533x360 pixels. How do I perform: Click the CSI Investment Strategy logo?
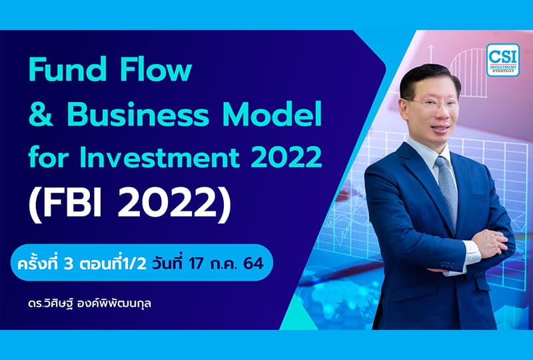[502, 60]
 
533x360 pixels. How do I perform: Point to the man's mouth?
[435, 131]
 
